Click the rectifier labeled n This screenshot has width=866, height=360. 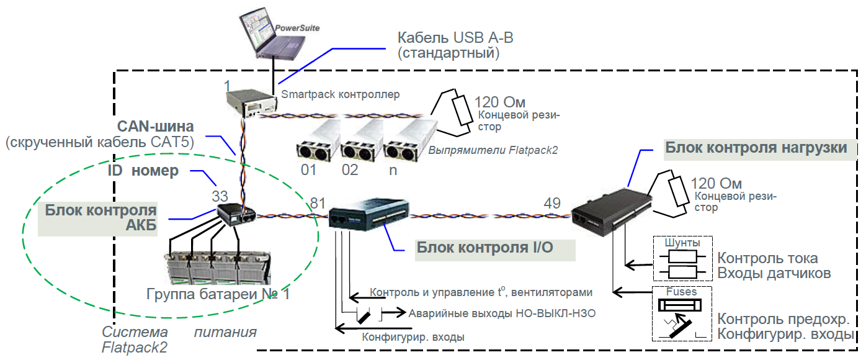(410, 141)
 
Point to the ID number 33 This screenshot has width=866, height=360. (220, 196)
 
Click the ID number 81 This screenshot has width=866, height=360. (318, 203)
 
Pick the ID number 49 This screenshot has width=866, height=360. (552, 203)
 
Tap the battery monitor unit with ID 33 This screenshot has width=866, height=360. (236, 215)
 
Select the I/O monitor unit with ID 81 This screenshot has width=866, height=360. (368, 214)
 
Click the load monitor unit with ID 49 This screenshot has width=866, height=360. (611, 212)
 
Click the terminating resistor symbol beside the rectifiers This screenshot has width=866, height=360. (462, 110)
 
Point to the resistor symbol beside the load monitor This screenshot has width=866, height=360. (679, 191)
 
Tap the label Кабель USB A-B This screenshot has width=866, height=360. (455, 37)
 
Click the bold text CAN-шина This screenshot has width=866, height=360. (156, 126)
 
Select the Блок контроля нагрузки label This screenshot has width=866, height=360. (756, 147)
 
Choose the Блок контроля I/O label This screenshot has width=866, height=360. (485, 248)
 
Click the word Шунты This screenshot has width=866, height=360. (682, 243)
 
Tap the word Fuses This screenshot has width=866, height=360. (681, 292)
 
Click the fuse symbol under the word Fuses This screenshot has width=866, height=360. (680, 305)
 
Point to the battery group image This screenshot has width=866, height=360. (218, 268)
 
